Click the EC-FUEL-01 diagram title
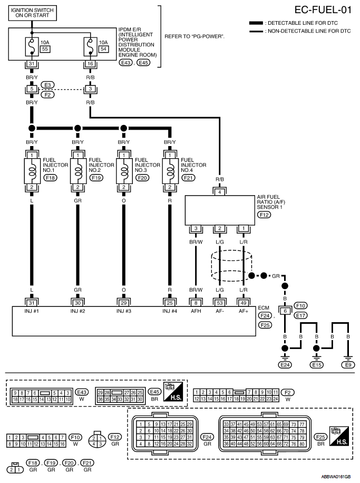tap(323, 10)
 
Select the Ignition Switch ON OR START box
tap(32, 13)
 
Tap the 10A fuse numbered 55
tap(32, 46)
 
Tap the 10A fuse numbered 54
tap(90, 46)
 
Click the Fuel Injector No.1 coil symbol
tap(32, 171)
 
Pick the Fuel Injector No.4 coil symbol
tap(170, 171)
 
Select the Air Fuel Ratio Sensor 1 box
tap(220, 210)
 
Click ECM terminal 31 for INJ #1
tap(32, 303)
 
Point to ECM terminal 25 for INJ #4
tap(170, 303)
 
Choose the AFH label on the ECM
tap(196, 311)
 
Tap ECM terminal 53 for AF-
tap(220, 303)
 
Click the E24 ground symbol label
tap(285, 365)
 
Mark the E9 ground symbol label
tap(348, 365)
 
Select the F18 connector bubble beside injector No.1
tap(50, 178)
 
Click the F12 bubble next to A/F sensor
tap(264, 215)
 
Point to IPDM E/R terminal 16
tap(90, 64)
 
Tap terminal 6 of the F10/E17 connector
tap(285, 311)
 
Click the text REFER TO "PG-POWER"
tap(194, 36)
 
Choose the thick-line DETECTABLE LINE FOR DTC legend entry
tap(294, 23)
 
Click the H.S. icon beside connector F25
tap(339, 436)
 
